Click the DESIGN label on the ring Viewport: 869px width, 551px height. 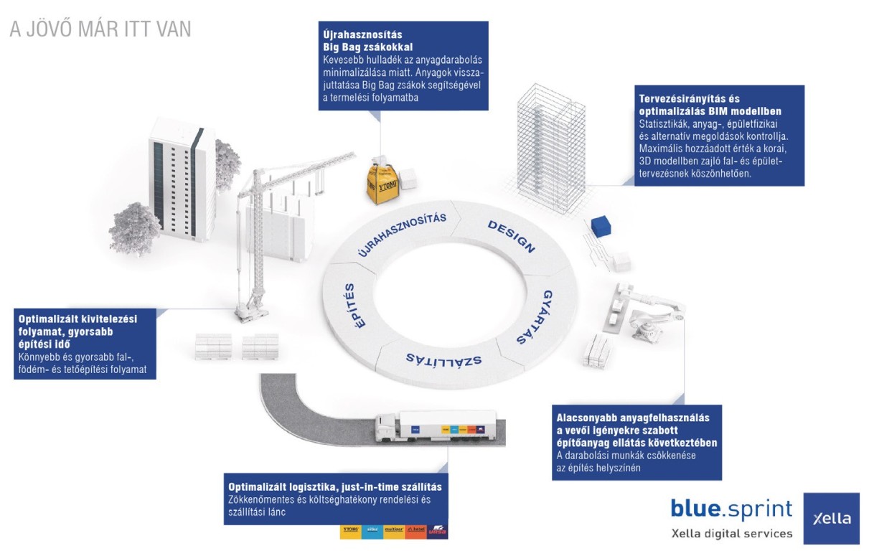512,237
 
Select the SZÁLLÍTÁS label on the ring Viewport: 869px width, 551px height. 443,359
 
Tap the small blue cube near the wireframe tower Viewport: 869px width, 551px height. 598,227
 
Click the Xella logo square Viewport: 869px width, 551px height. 831,518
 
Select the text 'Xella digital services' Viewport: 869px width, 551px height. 731,533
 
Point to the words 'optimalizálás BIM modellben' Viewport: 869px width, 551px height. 710,112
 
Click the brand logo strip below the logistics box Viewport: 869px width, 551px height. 394,532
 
